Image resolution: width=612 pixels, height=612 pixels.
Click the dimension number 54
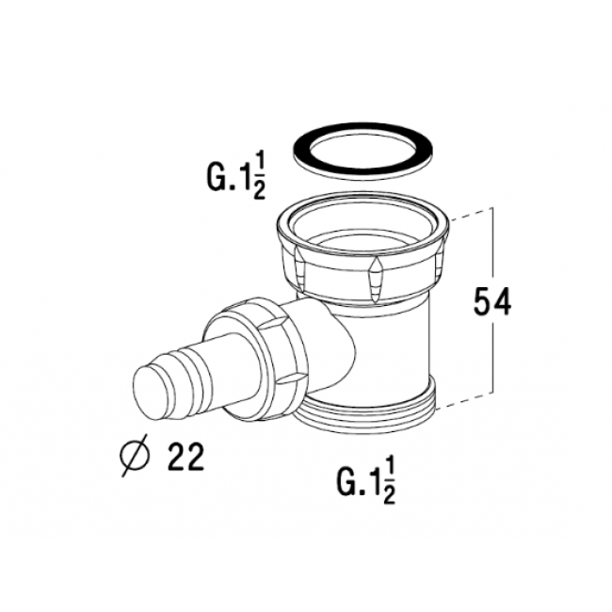point(491,301)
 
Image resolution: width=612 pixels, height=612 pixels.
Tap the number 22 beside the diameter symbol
point(185,457)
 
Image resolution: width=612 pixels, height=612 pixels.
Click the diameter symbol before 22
point(135,456)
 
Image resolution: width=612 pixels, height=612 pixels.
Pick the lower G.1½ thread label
point(365,482)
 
